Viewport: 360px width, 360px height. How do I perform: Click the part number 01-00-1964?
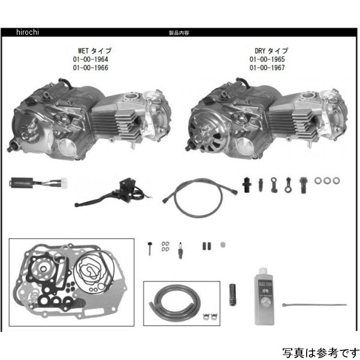[91, 60]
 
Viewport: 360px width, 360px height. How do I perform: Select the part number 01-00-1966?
[91, 68]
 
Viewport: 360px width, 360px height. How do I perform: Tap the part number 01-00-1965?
[268, 60]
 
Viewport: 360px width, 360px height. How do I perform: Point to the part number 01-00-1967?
[268, 68]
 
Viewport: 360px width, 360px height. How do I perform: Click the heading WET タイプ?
[91, 52]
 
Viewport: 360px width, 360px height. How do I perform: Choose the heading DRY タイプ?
[268, 52]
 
